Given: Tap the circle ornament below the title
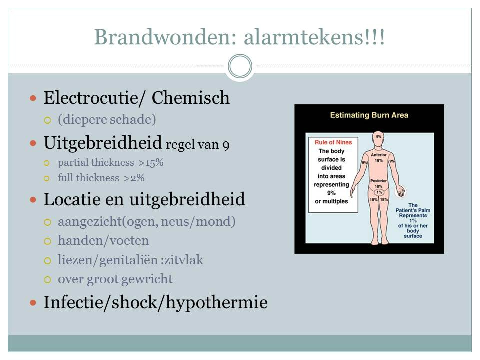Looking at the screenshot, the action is [x=240, y=66].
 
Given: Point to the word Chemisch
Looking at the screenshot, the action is [x=190, y=98].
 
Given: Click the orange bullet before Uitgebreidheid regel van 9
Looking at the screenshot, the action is [x=33, y=143].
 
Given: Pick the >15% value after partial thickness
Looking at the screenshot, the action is [x=151, y=163].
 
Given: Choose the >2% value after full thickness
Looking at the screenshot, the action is [x=134, y=178].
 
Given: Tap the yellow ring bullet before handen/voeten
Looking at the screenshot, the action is [x=48, y=241].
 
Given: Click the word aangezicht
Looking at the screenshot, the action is [x=90, y=222].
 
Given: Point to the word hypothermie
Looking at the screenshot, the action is [x=216, y=303].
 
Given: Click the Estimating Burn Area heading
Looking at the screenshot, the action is [x=369, y=115].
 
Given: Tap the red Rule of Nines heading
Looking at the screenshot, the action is [x=333, y=142].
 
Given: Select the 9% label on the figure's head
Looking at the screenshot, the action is [x=379, y=137].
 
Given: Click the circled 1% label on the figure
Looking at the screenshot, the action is [x=379, y=192].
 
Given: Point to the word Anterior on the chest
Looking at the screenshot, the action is [x=379, y=155].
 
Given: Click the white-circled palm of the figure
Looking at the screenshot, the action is [x=400, y=192].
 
